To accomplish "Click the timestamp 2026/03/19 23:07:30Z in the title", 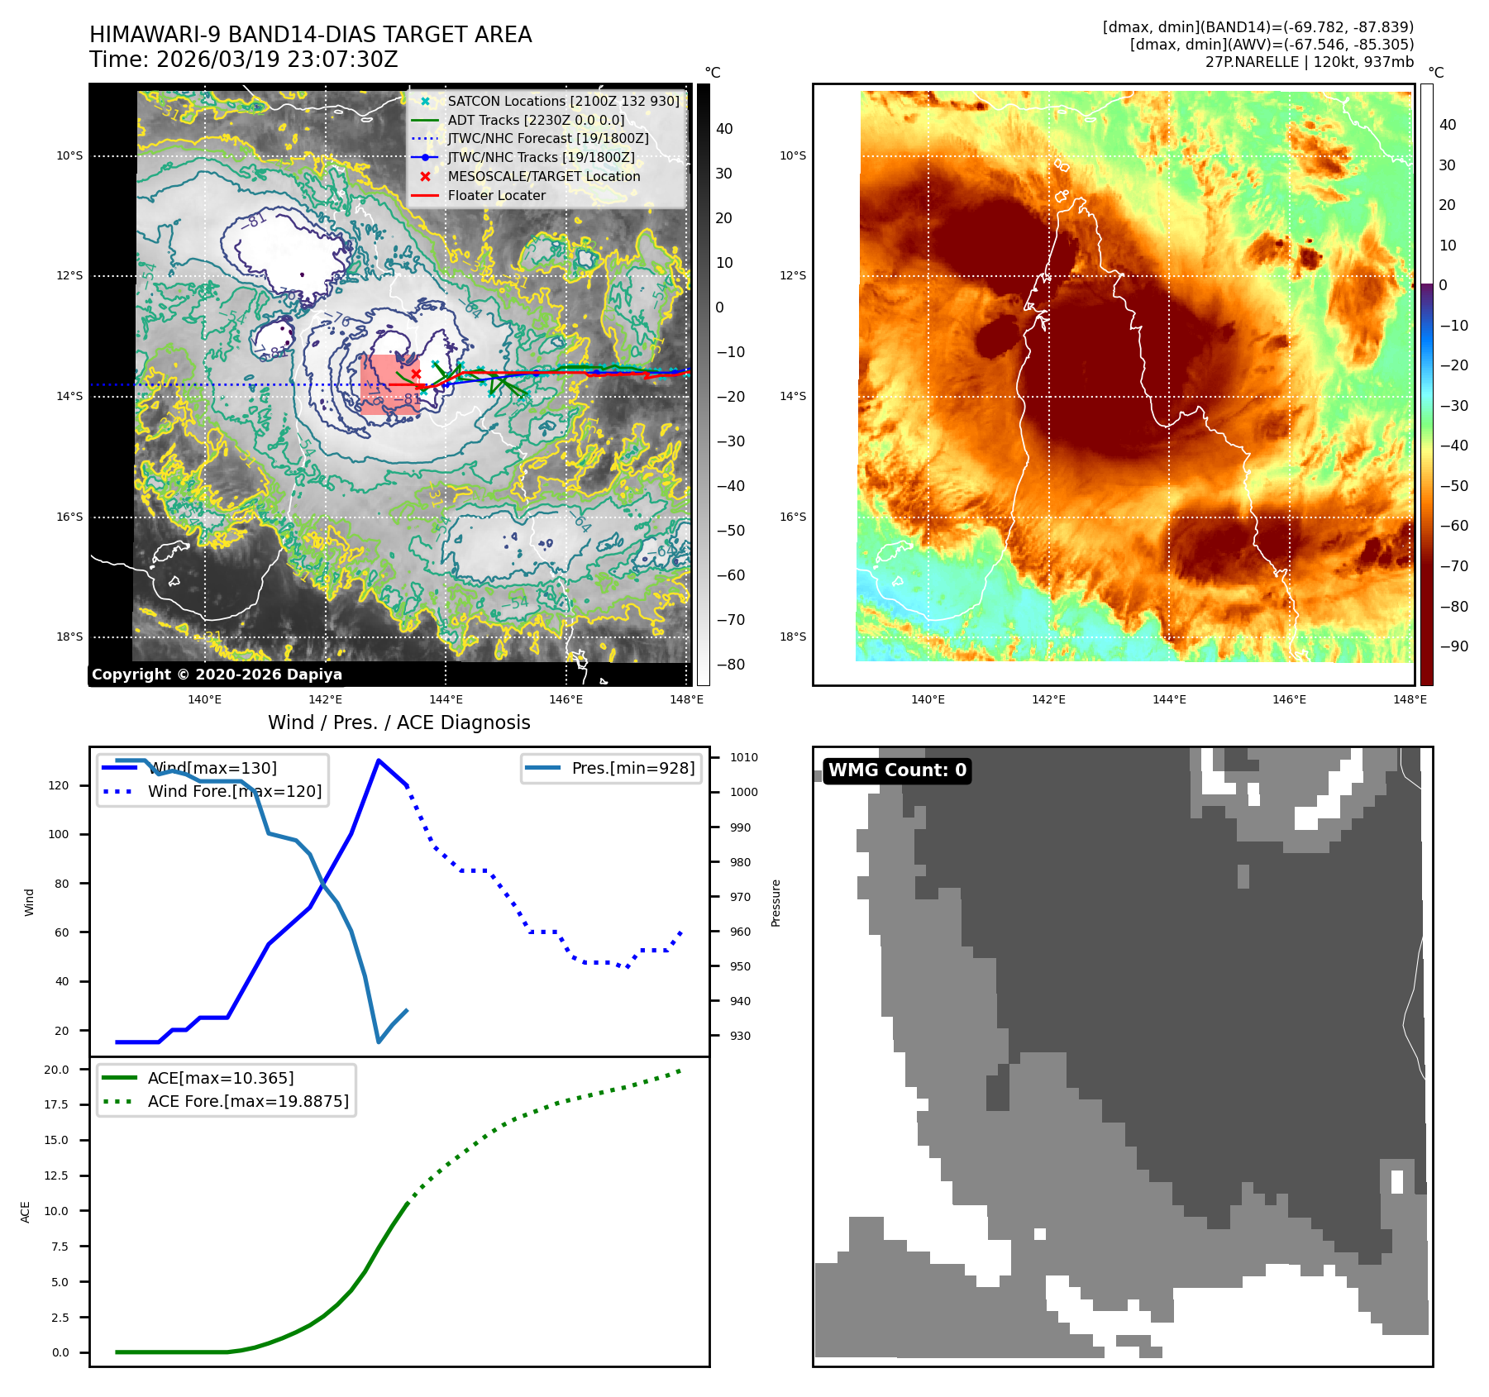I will click(277, 60).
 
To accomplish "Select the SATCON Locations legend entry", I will click(563, 102).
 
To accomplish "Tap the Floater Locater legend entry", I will click(496, 196).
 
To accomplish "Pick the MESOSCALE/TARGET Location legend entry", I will click(543, 177).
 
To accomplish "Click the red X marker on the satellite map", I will click(416, 374).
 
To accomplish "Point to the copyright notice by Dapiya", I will click(217, 675).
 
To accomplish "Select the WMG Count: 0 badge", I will click(897, 770).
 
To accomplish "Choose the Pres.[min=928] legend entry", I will click(632, 768).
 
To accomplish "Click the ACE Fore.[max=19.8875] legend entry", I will click(247, 1102).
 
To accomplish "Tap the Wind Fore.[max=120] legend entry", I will click(234, 792).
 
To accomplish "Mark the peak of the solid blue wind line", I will click(379, 760).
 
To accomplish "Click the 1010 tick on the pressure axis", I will click(744, 757).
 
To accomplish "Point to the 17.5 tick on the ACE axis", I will click(56, 1104).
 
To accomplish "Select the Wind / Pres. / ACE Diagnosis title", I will click(398, 723).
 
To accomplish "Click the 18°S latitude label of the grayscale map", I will click(69, 637).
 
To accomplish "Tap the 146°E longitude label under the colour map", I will click(1289, 700).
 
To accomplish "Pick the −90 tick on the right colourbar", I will click(1454, 646).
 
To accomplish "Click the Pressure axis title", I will click(776, 903).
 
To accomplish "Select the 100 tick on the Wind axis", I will click(59, 834).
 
